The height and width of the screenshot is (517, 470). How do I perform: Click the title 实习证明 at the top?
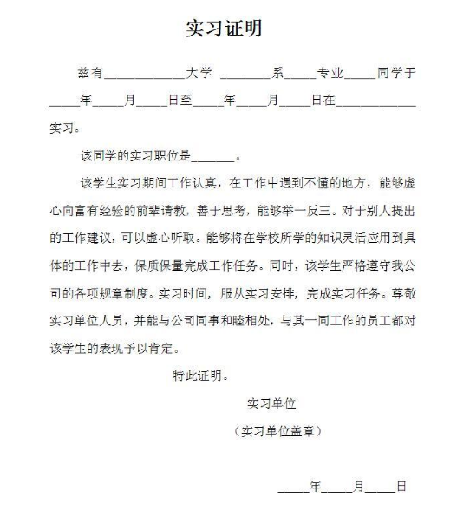click(224, 29)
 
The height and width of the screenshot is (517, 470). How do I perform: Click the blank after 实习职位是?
click(212, 160)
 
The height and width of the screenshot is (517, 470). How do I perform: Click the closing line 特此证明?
click(200, 376)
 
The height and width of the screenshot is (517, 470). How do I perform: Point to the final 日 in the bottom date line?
click(401, 487)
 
